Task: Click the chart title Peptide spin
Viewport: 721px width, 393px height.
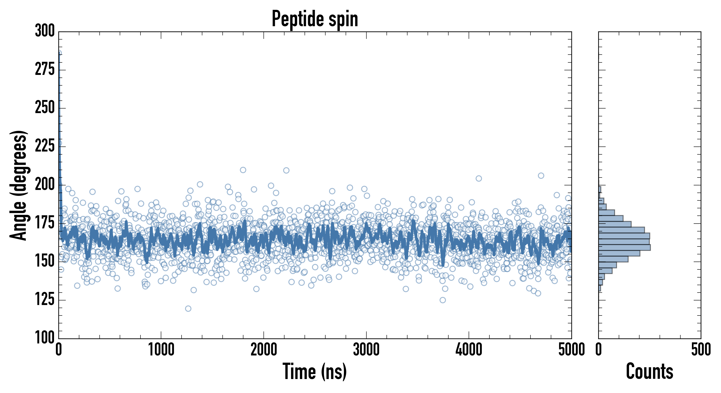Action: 315,19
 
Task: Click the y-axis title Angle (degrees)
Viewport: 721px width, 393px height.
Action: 19,185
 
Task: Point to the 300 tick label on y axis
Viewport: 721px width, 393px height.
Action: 45,31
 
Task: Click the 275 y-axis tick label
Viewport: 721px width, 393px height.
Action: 45,70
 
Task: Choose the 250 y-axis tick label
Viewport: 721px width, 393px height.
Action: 45,108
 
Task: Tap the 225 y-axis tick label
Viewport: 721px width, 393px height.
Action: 45,146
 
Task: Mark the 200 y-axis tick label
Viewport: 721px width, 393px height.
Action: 45,185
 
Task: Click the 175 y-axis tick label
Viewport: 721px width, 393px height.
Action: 45,223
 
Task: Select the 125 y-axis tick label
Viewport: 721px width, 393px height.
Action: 45,300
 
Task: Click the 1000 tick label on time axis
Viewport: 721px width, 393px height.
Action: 161,350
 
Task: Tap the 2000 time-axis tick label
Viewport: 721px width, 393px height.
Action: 264,350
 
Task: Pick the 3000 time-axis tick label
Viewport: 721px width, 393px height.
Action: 366,350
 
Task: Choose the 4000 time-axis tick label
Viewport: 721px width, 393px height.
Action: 469,350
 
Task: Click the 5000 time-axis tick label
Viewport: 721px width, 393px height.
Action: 571,350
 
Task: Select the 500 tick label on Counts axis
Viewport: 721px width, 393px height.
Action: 701,350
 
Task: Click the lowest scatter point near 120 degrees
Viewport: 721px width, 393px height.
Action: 188,309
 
